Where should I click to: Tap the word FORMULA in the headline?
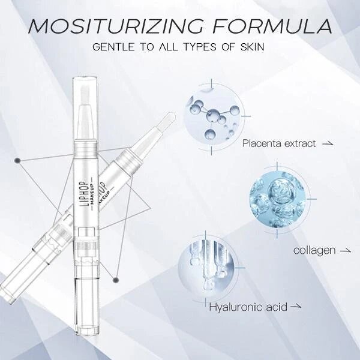(272, 26)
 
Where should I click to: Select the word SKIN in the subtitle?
(253, 47)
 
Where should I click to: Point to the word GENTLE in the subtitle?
(113, 47)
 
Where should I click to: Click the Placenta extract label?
(279, 143)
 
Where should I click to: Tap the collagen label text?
(314, 250)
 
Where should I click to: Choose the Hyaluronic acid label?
(248, 307)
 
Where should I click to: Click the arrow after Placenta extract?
(328, 144)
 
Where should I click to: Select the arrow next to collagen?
(345, 251)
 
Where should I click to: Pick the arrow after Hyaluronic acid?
(296, 307)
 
